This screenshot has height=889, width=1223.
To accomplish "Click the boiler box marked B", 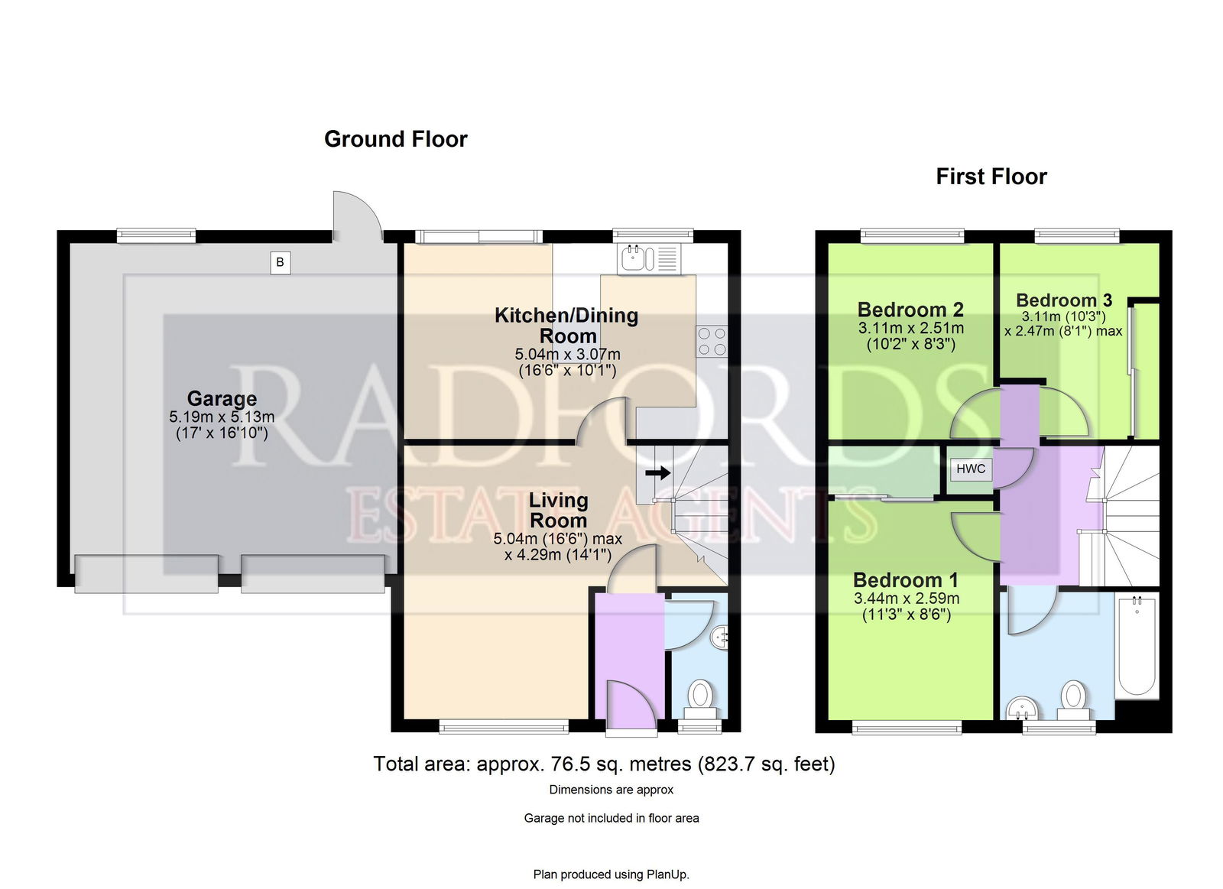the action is point(280,263).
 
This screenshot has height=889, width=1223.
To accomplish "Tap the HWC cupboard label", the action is point(971,469).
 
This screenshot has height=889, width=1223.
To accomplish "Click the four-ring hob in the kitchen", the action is point(712,341).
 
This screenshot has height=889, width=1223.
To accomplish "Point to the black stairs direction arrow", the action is point(658,472).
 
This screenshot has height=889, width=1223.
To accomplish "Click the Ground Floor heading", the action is point(396,139).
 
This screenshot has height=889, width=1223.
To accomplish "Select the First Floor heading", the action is point(991,177).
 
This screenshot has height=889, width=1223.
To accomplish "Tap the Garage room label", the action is point(222,398).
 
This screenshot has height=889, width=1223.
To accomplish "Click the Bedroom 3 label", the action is point(1064,300).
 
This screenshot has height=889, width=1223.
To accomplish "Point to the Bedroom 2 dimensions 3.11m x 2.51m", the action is point(910,328).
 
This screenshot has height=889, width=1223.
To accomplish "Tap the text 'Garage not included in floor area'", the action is point(611,818).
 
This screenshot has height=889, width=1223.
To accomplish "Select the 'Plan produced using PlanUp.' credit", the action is point(611,874).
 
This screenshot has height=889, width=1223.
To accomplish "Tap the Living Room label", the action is point(559,510).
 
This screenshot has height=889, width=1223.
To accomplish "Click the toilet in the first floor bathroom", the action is point(1074,701).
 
